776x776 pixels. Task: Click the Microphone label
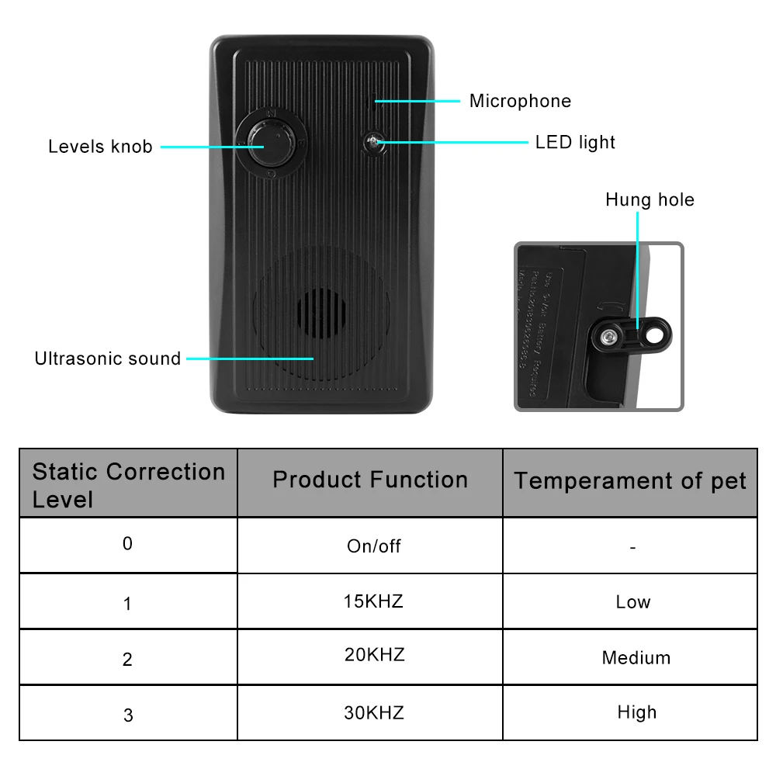coord(520,101)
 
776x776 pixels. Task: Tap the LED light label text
coord(575,142)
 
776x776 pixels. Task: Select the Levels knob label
coord(100,147)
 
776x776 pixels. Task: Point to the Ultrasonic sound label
coord(108,359)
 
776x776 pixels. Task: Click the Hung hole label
coord(650,200)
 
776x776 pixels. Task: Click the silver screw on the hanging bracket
coord(609,335)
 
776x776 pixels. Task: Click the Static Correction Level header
coord(129,484)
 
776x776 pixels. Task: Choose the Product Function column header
coord(370,480)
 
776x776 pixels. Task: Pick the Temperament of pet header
coord(629,481)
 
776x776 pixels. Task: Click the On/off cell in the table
coord(373,546)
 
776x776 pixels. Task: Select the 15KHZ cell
coord(373,601)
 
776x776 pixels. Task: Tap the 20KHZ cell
coord(374,655)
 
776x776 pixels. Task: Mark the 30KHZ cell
coord(374,712)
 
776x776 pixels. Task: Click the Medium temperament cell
coord(636,658)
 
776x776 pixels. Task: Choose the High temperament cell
coord(636,712)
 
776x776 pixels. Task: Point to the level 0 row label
coord(128,543)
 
